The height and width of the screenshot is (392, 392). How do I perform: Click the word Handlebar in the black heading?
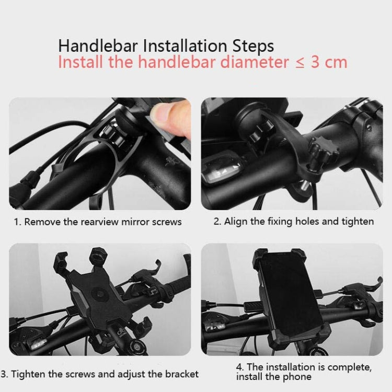click(98, 46)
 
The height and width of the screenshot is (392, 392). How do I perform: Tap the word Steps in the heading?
click(253, 47)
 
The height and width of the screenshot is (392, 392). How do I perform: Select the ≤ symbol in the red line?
click(299, 63)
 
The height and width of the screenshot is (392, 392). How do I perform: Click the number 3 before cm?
click(316, 62)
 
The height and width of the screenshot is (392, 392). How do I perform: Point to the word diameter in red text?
click(255, 62)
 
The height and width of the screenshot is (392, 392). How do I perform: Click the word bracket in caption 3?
click(182, 374)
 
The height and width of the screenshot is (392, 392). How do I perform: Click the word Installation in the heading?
click(185, 46)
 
